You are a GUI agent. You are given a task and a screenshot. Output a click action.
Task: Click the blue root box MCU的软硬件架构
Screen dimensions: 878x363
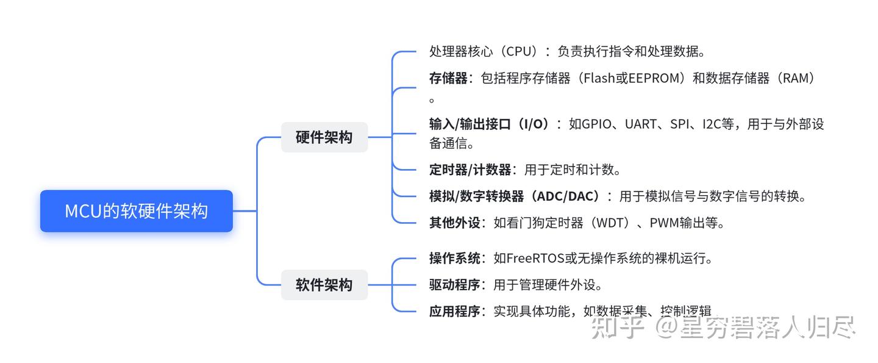pyautogui.click(x=137, y=211)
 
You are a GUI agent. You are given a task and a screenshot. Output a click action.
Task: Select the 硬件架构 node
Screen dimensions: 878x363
pyautogui.click(x=324, y=137)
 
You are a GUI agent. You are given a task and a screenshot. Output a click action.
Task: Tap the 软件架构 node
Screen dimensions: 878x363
pyautogui.click(x=324, y=285)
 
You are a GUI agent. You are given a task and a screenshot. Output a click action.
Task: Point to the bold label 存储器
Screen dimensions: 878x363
pyautogui.click(x=448, y=78)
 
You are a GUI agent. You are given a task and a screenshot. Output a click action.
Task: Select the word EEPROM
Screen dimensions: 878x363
pyautogui.click(x=654, y=78)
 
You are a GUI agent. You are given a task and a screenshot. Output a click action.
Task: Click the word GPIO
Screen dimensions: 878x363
pyautogui.click(x=596, y=124)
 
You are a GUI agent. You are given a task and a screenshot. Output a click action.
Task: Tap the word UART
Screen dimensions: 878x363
pyautogui.click(x=641, y=124)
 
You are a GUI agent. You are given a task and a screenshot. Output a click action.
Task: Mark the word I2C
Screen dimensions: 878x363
pyautogui.click(x=712, y=124)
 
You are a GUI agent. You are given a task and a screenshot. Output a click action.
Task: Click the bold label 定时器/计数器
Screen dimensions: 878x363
pyautogui.click(x=470, y=170)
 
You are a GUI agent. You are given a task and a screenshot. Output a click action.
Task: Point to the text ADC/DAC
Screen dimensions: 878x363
pyautogui.click(x=568, y=196)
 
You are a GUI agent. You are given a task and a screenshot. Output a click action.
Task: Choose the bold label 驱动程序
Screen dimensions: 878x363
pyautogui.click(x=455, y=284)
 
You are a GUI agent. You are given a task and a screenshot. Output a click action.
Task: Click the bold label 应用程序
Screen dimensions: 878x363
pyautogui.click(x=455, y=311)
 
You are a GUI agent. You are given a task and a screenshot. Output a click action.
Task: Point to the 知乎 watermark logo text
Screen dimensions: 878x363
pyautogui.click(x=617, y=327)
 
